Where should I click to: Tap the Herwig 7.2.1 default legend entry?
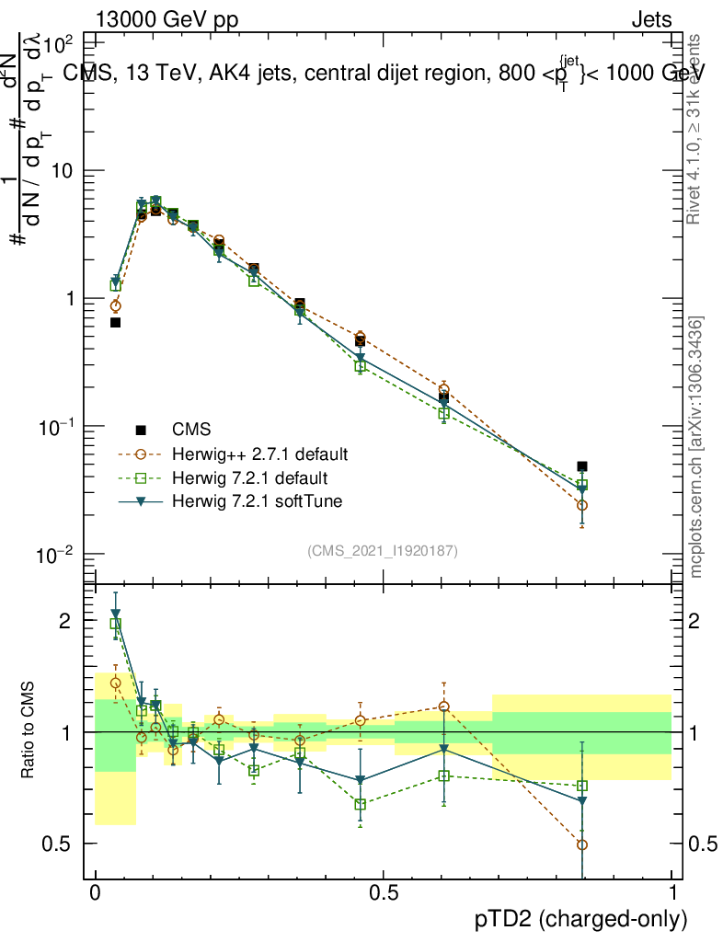[x=249, y=478]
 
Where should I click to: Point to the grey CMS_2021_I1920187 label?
[x=382, y=551]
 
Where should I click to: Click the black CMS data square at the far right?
[x=582, y=466]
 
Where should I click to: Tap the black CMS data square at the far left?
[x=115, y=322]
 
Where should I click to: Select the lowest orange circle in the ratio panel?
[x=582, y=844]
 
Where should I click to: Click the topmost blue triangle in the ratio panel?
[x=115, y=614]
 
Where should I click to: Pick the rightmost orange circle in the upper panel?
[x=582, y=505]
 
